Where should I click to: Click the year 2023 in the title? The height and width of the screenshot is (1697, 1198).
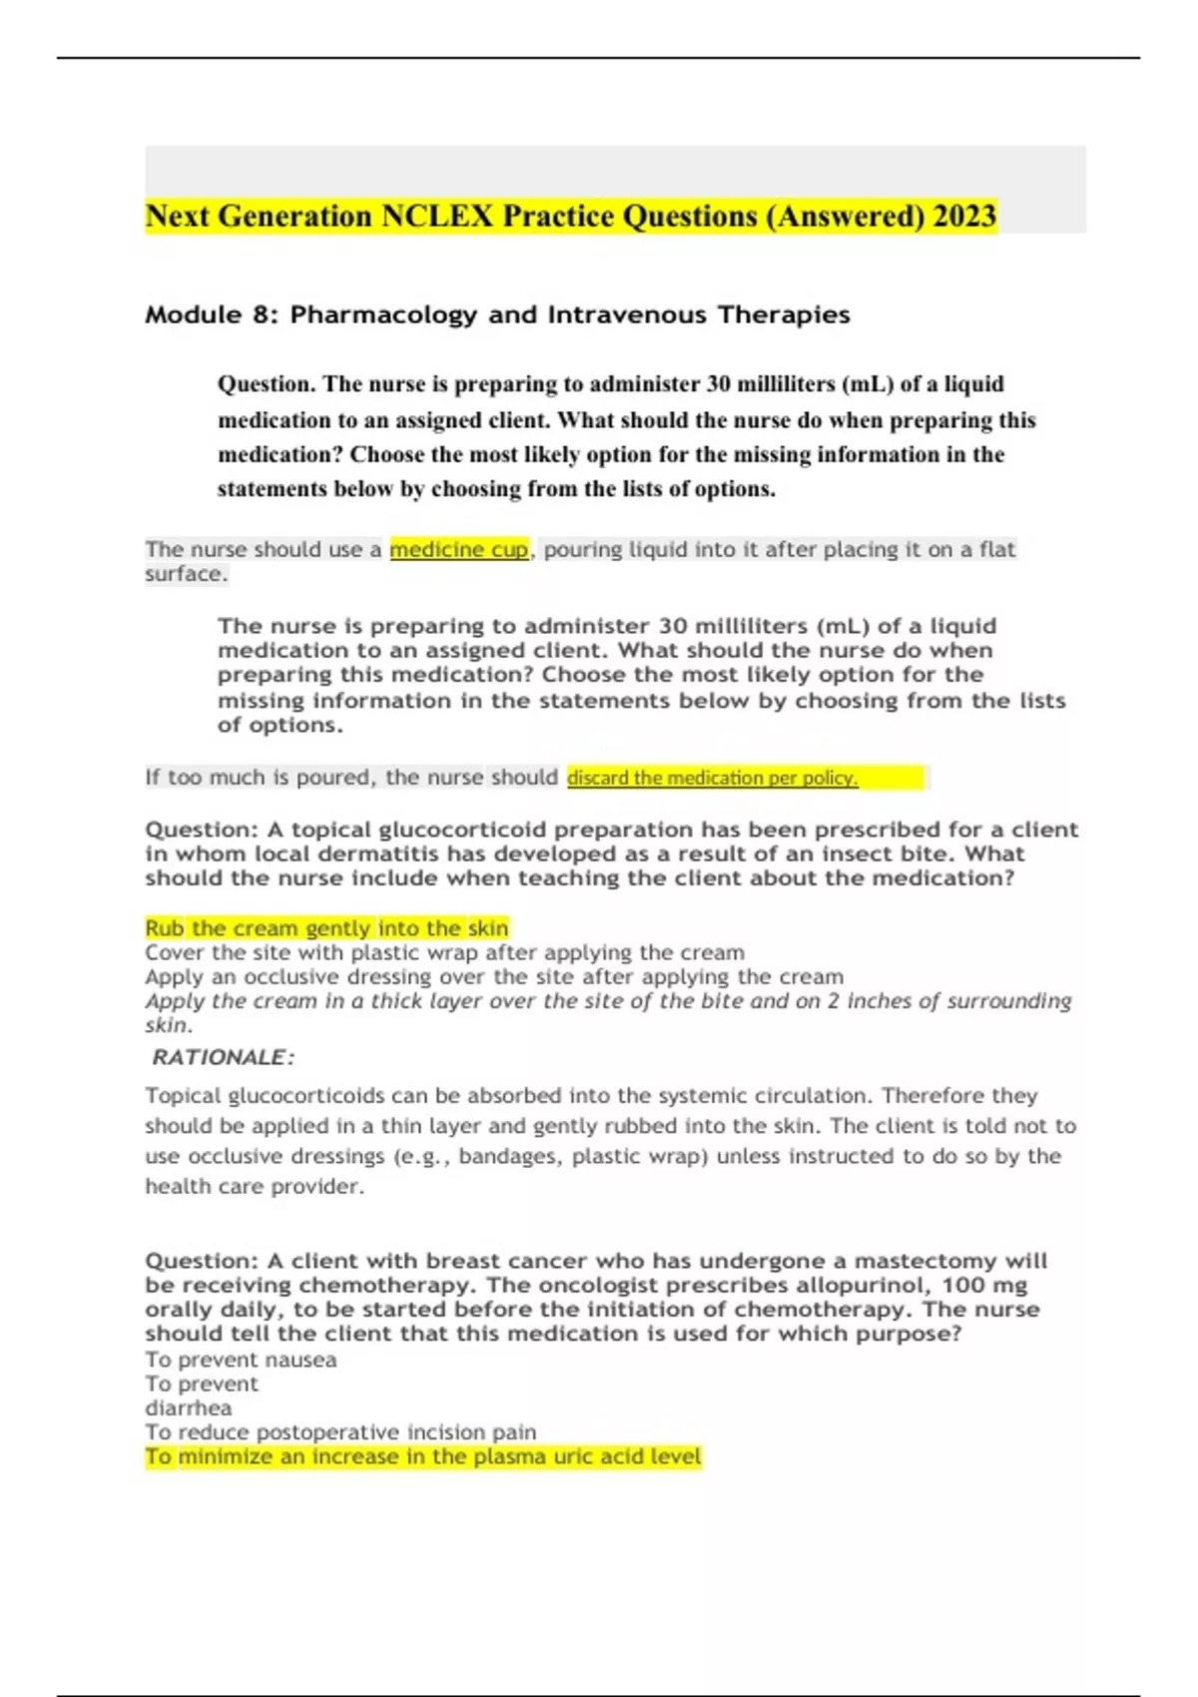pos(963,216)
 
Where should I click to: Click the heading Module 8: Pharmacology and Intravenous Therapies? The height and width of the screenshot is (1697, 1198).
pos(497,314)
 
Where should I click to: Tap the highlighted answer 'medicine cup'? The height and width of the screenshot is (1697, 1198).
pos(458,549)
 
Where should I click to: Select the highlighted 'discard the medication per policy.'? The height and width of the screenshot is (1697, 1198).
pos(712,778)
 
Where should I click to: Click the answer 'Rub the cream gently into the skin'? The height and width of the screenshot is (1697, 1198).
pos(326,928)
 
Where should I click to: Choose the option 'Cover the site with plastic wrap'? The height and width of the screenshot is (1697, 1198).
pos(444,952)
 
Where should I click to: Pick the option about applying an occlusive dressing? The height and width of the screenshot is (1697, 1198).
pos(494,976)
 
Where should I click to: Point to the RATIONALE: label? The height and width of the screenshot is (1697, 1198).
pos(223,1057)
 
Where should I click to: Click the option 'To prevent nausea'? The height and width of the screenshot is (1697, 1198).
pos(241,1360)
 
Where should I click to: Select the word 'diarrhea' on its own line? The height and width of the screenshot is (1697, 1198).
pos(188,1409)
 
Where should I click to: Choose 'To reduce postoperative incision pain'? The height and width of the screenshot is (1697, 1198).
pos(340,1432)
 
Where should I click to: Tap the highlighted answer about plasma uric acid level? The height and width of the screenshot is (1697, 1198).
pos(423,1457)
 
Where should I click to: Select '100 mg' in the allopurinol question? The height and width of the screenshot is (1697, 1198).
pos(984,1285)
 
